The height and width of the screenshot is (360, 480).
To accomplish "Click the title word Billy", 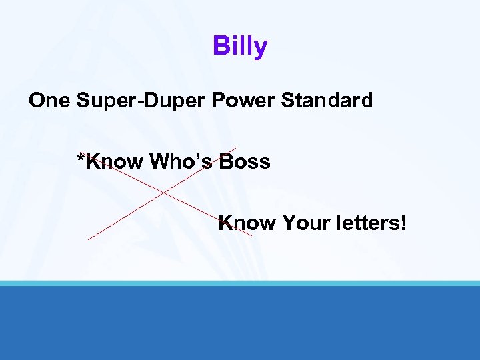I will [240, 47].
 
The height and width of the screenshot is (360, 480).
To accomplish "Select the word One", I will [51, 101].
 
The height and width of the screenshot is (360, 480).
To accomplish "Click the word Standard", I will [327, 101].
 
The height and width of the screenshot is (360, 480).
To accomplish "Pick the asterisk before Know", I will [81, 158].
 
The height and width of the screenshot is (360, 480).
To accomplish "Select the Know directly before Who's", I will [115, 161].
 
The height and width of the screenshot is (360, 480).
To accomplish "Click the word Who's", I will [182, 161].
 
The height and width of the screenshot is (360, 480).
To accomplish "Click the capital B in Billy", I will [220, 47].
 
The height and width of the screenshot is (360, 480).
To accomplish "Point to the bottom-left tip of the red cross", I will [89, 239].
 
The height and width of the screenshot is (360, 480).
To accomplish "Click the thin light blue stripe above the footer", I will [240, 283].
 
